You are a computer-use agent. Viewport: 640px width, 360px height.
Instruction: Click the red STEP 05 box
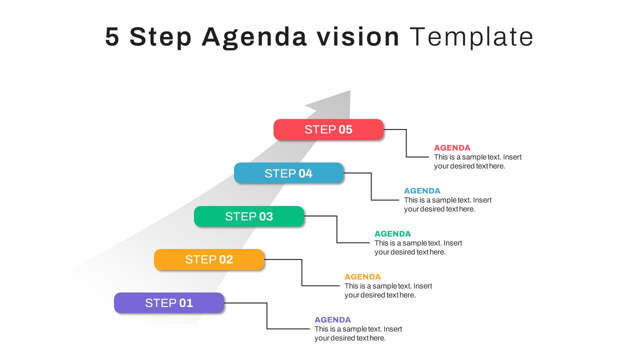coord(328,129)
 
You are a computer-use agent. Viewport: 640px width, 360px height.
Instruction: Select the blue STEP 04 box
coord(288,173)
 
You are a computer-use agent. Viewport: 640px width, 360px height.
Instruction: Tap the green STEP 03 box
coord(249,216)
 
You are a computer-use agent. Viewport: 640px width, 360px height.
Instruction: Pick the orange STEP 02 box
coord(209,259)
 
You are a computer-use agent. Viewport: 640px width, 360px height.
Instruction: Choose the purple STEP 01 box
coord(169,303)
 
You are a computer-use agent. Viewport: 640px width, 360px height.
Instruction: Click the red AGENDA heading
coord(452,147)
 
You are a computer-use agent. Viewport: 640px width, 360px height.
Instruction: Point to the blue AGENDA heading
coord(422,190)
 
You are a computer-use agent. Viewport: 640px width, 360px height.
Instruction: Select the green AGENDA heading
coord(392,233)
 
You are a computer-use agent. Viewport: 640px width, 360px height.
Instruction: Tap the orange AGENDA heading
coord(362,276)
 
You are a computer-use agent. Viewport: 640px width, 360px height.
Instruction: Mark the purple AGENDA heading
coord(332,319)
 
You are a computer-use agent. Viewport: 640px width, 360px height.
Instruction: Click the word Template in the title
coord(471,37)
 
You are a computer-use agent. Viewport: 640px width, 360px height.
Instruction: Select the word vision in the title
coord(357,36)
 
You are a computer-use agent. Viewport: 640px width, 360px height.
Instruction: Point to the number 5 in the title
coord(112,36)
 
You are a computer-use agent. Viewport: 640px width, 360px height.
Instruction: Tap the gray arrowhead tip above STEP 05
coord(350,90)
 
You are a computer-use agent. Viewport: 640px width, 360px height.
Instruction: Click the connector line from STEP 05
coord(406,143)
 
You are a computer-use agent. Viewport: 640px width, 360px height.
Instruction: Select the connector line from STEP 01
coord(267,315)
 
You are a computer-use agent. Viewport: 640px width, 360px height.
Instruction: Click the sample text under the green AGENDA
coord(418,247)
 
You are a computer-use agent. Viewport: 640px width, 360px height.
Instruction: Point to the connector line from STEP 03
coord(337,229)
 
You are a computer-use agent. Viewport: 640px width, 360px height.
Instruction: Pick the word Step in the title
coord(160,37)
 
